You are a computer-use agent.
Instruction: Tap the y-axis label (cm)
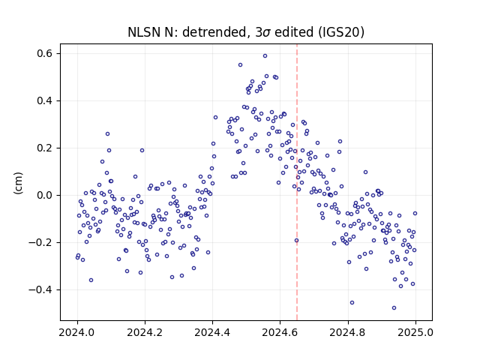point(18,183)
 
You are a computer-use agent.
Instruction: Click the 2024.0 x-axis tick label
point(77,332)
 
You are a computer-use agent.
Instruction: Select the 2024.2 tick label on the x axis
point(145,332)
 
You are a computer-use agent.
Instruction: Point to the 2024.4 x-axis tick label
point(212,332)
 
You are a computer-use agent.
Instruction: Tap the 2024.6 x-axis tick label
point(280,332)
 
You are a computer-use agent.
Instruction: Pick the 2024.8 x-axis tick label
point(348,332)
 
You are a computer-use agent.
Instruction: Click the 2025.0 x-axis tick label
point(415,332)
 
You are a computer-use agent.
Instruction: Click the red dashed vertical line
point(297,182)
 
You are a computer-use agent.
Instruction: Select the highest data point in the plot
point(265,55)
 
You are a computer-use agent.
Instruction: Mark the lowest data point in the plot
point(394,307)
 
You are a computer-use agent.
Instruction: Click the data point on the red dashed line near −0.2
point(296,240)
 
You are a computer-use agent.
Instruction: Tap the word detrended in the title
point(214,32)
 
